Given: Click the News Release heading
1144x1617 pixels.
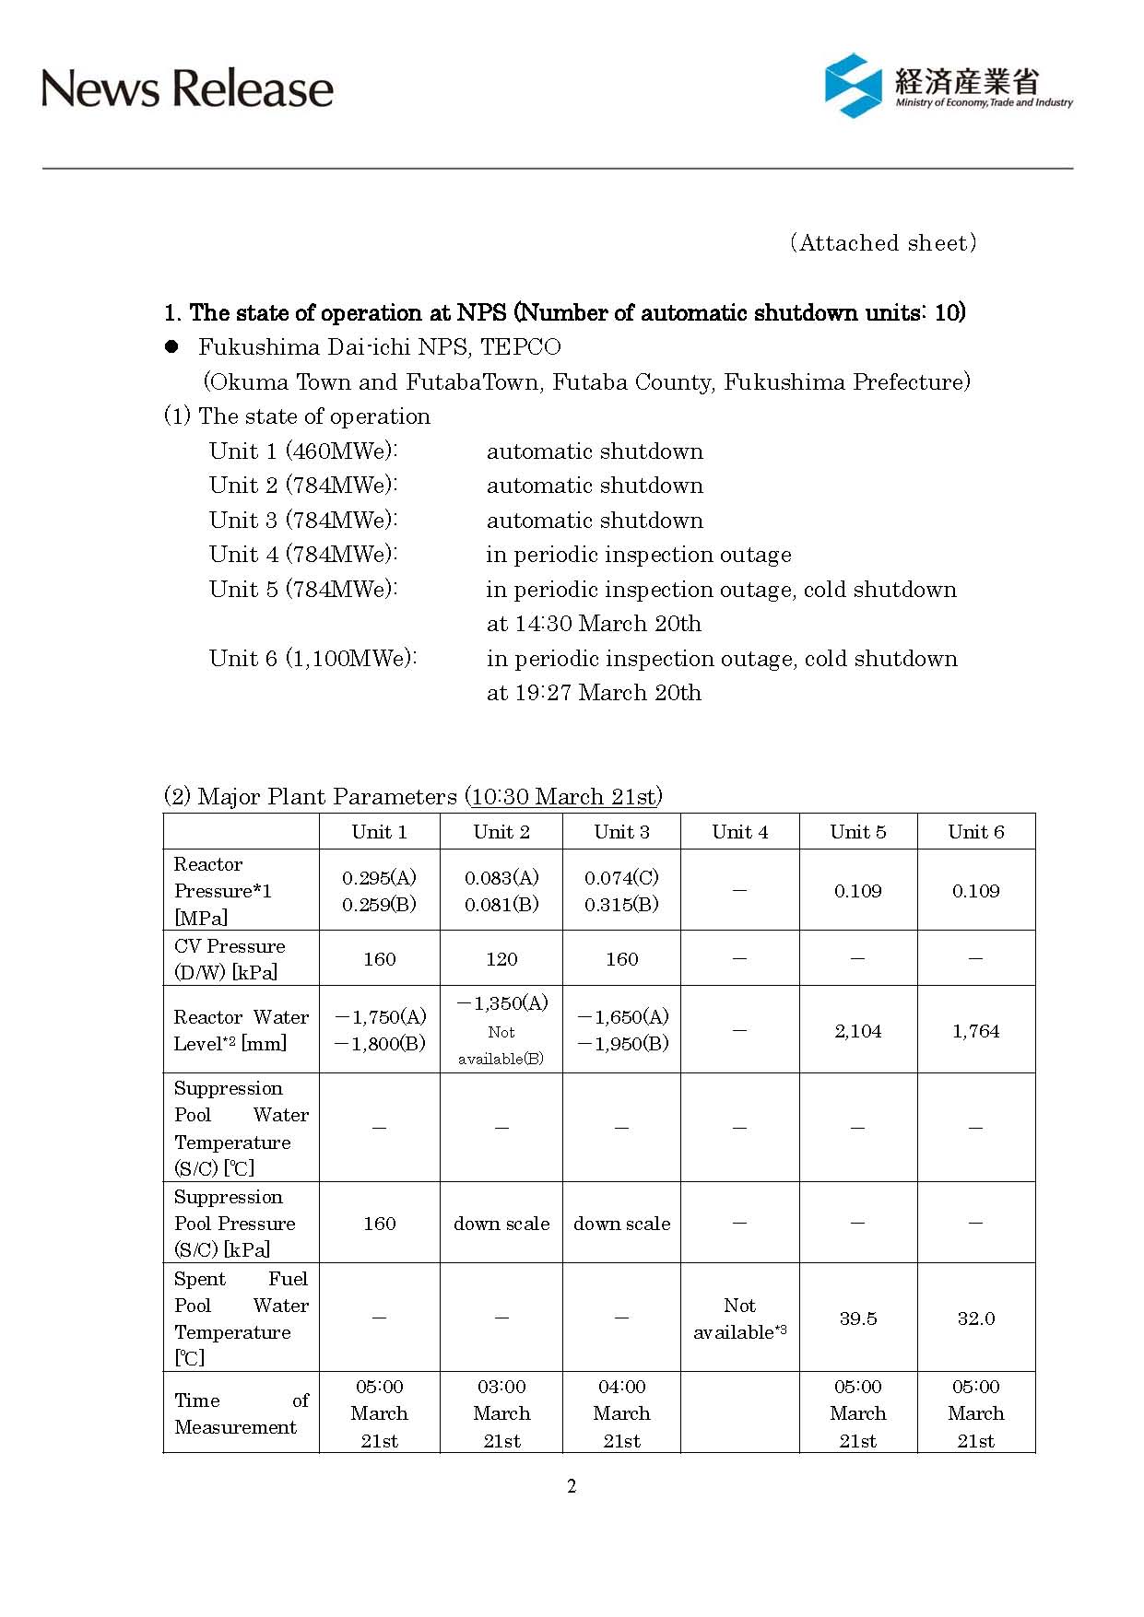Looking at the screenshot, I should point(187,89).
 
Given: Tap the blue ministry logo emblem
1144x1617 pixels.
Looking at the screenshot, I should point(853,86).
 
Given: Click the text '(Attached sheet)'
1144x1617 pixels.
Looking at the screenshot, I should point(882,243).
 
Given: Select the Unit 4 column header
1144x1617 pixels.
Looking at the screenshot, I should point(739,832).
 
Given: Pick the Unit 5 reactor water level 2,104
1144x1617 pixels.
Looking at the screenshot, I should point(857,1031).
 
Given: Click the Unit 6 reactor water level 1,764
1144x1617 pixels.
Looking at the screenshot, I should point(975,1031).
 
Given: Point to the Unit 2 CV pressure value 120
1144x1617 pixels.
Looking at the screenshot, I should point(501,959).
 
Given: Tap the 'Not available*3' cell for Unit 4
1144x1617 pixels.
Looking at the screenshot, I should point(739,1318).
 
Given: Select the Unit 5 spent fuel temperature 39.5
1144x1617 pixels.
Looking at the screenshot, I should point(857,1318).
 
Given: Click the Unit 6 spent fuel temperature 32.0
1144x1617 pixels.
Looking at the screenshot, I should point(975,1318).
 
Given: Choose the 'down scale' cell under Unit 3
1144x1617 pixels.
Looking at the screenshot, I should point(621,1224).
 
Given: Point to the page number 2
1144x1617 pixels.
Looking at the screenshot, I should point(572,1485).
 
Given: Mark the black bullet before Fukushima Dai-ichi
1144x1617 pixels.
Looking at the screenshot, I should point(171,347).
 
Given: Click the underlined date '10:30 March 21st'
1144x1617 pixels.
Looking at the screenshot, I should point(562,796).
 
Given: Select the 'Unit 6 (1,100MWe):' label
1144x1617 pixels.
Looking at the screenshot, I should point(313,659).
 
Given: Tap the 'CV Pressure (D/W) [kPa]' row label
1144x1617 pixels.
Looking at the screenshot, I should point(230,959).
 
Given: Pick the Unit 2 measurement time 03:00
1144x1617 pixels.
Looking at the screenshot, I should point(501,1387).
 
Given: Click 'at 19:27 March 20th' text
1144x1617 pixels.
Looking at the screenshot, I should point(594,693).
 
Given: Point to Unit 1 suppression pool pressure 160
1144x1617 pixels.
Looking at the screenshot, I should point(379,1224).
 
